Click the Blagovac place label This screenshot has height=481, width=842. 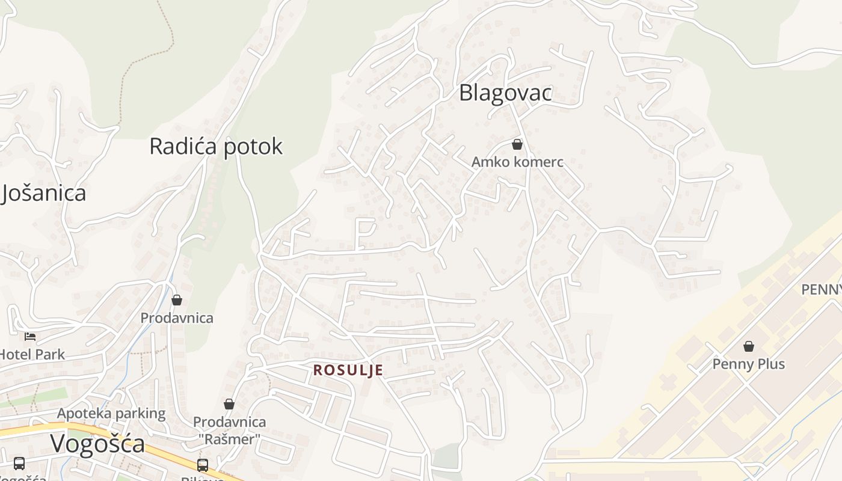coord(505,93)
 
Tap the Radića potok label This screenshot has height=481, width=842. coord(216,146)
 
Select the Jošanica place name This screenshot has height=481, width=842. coord(43,193)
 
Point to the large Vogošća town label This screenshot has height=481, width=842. coord(97,444)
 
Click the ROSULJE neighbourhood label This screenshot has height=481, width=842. coord(348,370)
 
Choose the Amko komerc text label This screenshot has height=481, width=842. coord(517,162)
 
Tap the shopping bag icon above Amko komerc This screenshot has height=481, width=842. coord(517,144)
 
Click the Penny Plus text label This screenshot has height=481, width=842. coord(748,364)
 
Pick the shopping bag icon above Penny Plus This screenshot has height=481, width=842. coord(749,346)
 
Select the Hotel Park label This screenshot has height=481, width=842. coord(31,354)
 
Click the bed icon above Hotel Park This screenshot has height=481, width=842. coord(30,336)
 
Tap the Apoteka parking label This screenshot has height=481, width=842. coord(111,413)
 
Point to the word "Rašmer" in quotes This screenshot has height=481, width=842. coord(229,440)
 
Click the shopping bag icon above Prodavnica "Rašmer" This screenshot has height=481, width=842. coord(229,404)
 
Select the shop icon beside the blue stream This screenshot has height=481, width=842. coord(177,299)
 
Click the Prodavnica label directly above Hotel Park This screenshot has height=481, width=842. coord(177,317)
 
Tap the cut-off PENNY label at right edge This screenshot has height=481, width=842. coord(822,290)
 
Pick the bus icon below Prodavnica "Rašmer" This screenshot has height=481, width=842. coord(203,465)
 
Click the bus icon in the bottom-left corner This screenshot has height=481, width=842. coord(19,463)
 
